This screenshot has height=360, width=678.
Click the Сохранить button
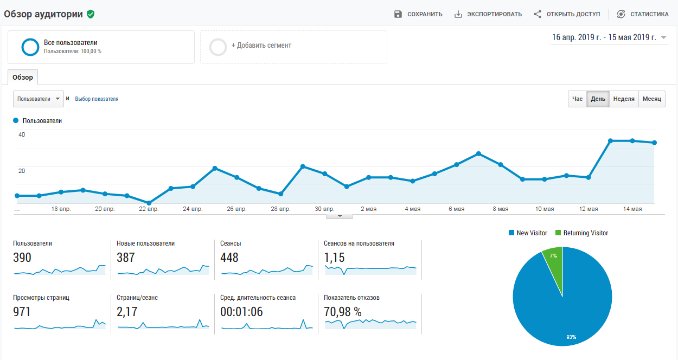(418, 14)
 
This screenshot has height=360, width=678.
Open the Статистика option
(643, 14)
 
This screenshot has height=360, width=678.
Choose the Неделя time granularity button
(624, 99)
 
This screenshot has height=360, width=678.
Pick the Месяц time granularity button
(651, 99)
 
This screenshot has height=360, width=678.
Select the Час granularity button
(578, 99)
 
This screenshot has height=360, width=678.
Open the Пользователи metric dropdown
(39, 99)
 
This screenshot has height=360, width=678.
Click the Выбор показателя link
(97, 99)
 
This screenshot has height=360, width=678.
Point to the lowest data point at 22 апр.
(149, 203)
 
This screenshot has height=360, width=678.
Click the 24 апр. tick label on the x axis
(193, 209)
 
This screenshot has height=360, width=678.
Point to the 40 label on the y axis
(22, 134)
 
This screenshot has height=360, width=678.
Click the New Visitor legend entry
(528, 233)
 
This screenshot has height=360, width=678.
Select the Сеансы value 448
(229, 258)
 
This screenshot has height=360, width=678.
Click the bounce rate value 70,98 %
(342, 312)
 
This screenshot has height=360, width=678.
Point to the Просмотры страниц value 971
(22, 312)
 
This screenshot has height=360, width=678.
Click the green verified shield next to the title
(91, 15)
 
